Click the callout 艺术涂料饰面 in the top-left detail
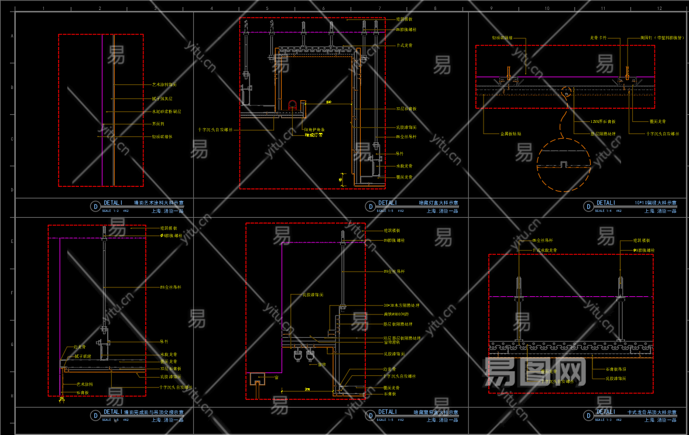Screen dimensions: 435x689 click(x=164, y=85)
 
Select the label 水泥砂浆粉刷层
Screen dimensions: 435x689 click(x=166, y=111)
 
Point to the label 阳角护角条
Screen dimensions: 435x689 click(x=314, y=129)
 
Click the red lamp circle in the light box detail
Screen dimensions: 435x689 click(x=293, y=104)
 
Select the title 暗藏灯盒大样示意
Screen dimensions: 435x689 click(x=438, y=203)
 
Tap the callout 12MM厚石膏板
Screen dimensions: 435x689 click(x=602, y=121)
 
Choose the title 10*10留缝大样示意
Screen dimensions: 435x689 click(x=655, y=203)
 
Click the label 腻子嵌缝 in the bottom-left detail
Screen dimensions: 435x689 click(x=83, y=355)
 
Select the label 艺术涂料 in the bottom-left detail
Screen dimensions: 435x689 click(x=85, y=384)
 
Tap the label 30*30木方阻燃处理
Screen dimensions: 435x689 click(x=402, y=306)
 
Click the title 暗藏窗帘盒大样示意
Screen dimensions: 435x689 click(x=436, y=412)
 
